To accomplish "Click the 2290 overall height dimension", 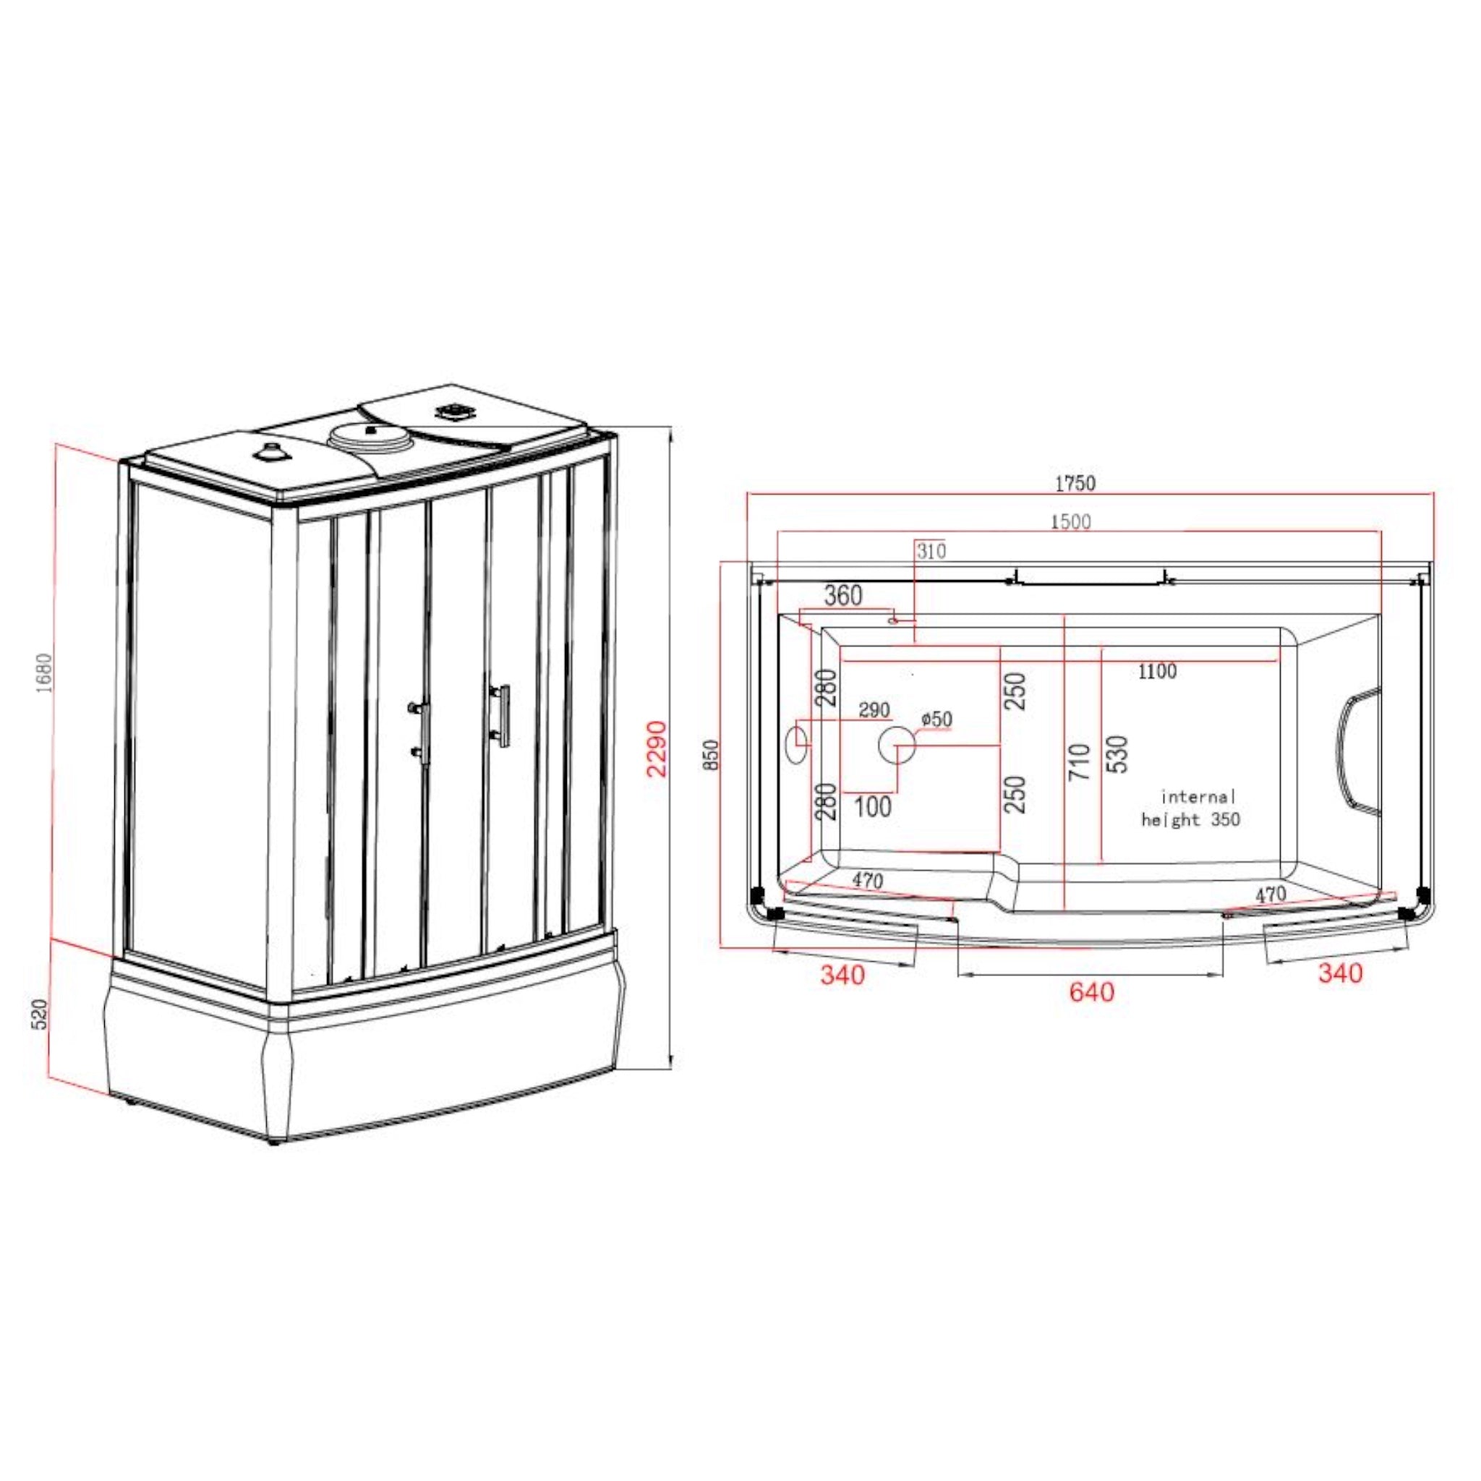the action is click(x=657, y=748).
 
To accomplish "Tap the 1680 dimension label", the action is click(x=46, y=673).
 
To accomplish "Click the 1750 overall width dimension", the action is click(x=1075, y=483).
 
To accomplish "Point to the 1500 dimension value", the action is click(x=1070, y=522).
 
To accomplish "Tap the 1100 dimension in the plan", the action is click(x=1157, y=672).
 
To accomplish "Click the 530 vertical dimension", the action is click(x=1119, y=754).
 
